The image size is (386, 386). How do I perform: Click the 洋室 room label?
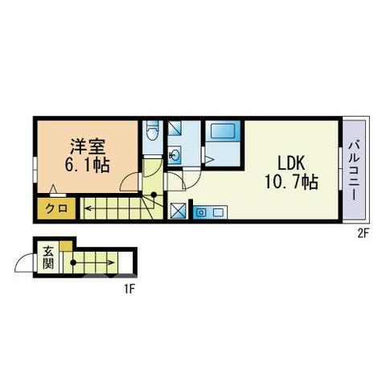pos(88,147)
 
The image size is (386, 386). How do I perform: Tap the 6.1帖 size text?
pos(88,165)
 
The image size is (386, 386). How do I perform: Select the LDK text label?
pos(291,163)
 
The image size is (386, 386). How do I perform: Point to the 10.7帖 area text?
pos(291,182)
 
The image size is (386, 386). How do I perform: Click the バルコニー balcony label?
pos(354,171)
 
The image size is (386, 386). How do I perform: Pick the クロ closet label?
pos(56,208)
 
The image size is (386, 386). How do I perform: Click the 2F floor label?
pos(363,234)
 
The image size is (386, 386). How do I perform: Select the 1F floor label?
pos(129,289)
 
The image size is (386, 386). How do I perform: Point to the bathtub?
pos(223,131)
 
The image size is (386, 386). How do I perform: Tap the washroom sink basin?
pos(175,155)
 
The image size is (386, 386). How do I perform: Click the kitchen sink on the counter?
pos(201,212)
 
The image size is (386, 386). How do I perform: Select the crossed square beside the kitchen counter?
pos(179,211)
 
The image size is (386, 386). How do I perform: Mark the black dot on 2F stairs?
pos(154,195)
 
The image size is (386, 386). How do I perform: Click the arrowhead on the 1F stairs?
pos(113,263)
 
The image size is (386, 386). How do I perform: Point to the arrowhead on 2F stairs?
pos(87,208)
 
